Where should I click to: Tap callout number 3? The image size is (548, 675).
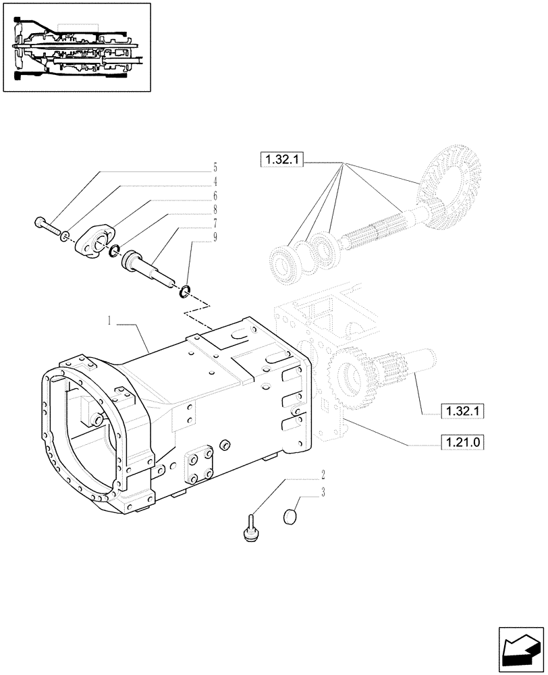click(323, 493)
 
